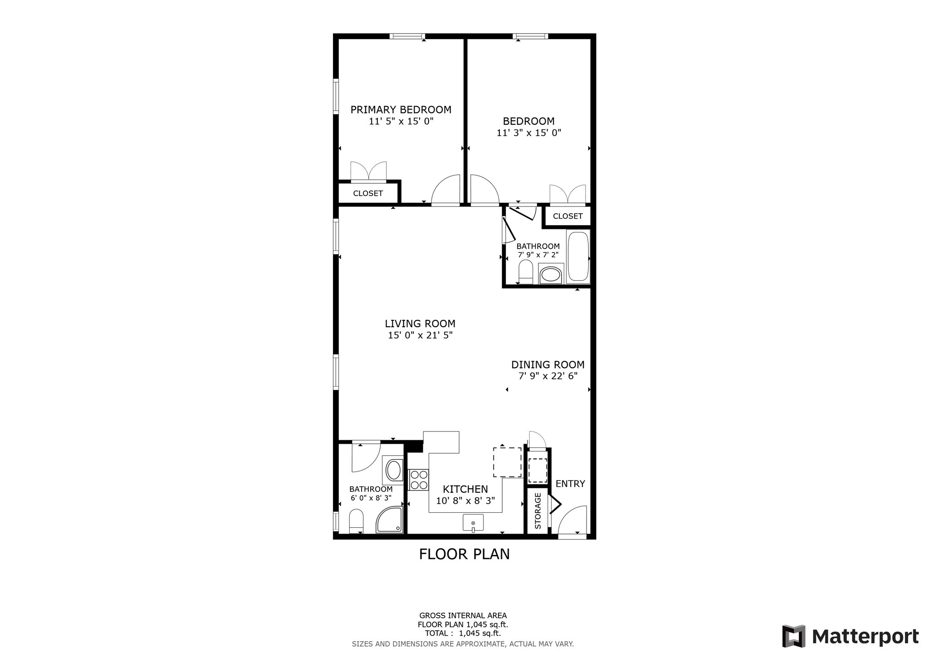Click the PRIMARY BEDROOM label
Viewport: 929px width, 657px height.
coord(401,110)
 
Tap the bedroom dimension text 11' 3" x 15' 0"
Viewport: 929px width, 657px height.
coord(529,133)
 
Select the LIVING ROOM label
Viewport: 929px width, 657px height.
coord(420,324)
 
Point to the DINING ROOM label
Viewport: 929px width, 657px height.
coord(548,365)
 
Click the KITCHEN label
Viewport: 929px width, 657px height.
coord(465,489)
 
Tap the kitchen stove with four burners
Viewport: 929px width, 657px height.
coord(419,480)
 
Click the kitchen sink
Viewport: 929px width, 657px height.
coord(473,523)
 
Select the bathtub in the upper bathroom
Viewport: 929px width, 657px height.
coord(578,257)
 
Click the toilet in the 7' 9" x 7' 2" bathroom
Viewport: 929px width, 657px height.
coord(526,272)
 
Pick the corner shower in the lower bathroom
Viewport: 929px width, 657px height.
coord(390,520)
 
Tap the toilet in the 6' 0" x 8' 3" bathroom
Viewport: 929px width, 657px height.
coord(356,521)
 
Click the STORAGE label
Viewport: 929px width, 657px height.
coord(538,511)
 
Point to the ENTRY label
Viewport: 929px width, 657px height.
coord(570,484)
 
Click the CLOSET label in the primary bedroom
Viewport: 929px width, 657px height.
coord(368,193)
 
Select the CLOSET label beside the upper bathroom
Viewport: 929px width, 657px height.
coord(567,216)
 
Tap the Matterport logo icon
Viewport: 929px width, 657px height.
coord(794,636)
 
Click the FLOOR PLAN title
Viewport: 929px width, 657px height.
coord(464,554)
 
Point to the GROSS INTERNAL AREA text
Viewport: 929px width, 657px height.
coord(463,616)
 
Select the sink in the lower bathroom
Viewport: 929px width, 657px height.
coord(394,470)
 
